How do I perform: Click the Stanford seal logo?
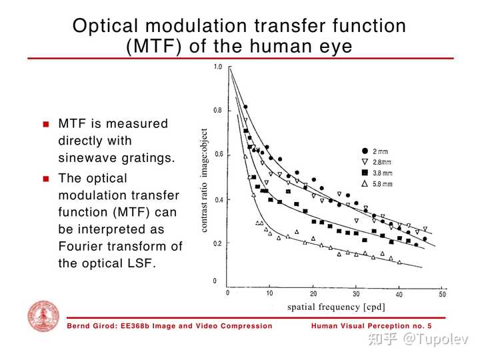pyautogui.click(x=43, y=317)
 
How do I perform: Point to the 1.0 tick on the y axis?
pyautogui.click(x=218, y=67)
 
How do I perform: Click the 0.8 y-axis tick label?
pyautogui.click(x=218, y=111)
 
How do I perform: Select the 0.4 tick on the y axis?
pyautogui.click(x=218, y=200)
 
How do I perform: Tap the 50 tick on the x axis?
pyautogui.click(x=442, y=294)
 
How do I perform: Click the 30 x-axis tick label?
pyautogui.click(x=356, y=294)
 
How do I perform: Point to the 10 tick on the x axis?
pyautogui.click(x=269, y=294)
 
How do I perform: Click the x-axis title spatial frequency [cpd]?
pyautogui.click(x=336, y=307)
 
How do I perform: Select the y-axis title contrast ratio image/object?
pyautogui.click(x=205, y=180)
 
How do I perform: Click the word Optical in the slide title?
pyautogui.click(x=106, y=26)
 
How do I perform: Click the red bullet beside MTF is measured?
pyautogui.click(x=46, y=125)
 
